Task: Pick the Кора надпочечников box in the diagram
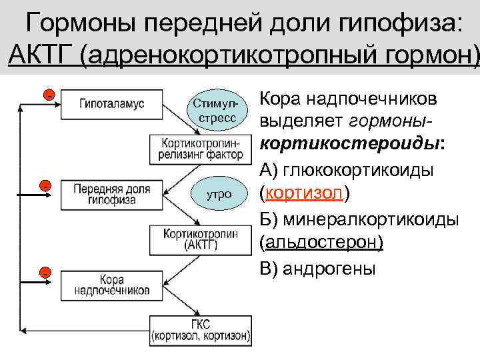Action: [112, 285]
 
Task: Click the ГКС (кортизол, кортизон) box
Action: [201, 331]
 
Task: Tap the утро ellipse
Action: [219, 195]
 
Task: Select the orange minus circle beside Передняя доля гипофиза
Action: [44, 185]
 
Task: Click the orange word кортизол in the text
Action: [304, 194]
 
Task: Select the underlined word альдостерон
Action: [324, 242]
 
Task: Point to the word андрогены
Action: [329, 268]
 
